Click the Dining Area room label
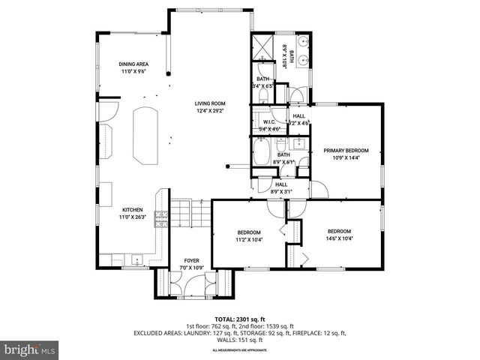click(x=135, y=64)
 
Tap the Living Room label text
click(x=210, y=103)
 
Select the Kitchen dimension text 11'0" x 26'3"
click(x=132, y=217)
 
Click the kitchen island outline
click(x=145, y=134)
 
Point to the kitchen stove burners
click(x=160, y=218)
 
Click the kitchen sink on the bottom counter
click(x=137, y=259)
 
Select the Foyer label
click(x=191, y=261)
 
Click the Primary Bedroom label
click(x=346, y=151)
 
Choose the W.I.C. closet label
click(x=270, y=121)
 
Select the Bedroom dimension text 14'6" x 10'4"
click(x=339, y=238)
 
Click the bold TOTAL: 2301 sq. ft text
click(x=239, y=319)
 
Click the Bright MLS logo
click(x=30, y=349)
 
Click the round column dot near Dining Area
click(x=169, y=73)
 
